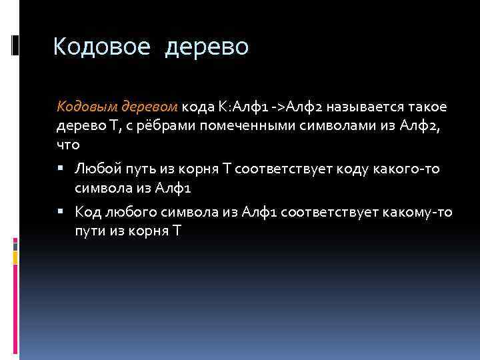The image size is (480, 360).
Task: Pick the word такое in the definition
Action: [424, 107]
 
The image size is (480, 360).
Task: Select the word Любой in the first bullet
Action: [95, 169]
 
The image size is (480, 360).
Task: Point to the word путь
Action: [139, 169]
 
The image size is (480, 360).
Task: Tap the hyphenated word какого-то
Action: [406, 169]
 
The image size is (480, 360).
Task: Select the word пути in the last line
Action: [89, 231]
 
